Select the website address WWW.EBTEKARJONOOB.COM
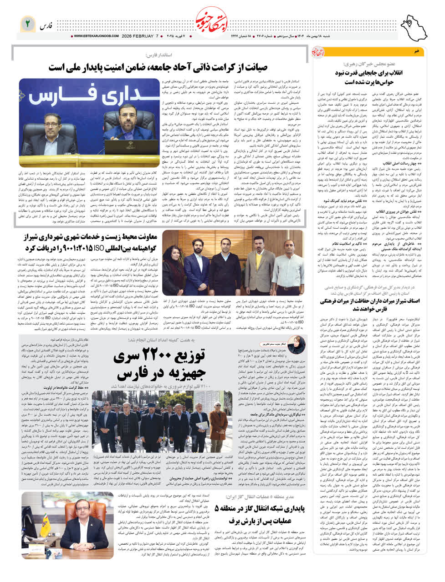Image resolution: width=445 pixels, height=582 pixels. pyautogui.click(x=95, y=36)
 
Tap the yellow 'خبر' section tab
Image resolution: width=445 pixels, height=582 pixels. pyautogui.click(x=415, y=51)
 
